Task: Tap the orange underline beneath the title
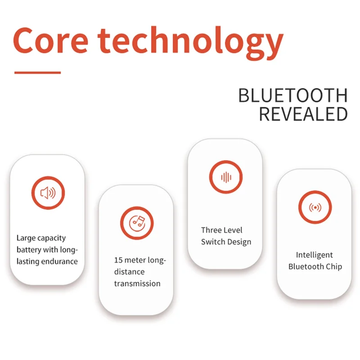pyautogui.click(x=37, y=72)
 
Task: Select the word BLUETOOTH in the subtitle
pyautogui.click(x=292, y=96)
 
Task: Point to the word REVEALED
pyautogui.click(x=303, y=114)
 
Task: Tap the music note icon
pyautogui.click(x=137, y=222)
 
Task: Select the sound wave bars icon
pyautogui.click(x=226, y=177)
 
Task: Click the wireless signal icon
pyautogui.click(x=315, y=207)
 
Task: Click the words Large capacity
pyautogui.click(x=41, y=238)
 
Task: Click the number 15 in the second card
pyautogui.click(x=118, y=260)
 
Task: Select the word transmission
pyautogui.click(x=137, y=283)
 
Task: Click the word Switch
pyautogui.click(x=212, y=242)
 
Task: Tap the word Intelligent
pyautogui.click(x=315, y=255)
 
